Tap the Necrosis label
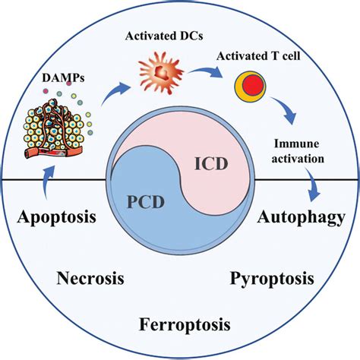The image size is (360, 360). tap(90, 278)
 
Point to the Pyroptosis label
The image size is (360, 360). tap(271, 278)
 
